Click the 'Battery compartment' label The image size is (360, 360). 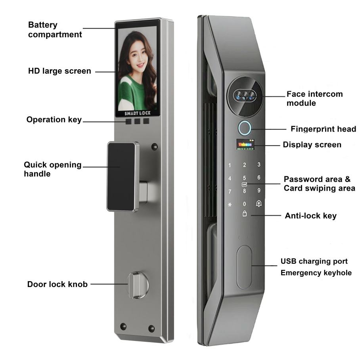point(55,30)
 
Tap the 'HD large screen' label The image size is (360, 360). point(59,71)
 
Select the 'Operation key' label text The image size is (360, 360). point(54,120)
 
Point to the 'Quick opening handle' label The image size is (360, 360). point(52,169)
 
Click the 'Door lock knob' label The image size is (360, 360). point(57,284)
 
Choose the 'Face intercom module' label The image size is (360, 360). point(314,99)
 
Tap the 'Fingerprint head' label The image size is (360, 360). point(323,129)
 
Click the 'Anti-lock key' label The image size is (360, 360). point(310,216)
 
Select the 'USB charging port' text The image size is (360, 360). point(314,261)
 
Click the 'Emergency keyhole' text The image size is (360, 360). point(316,273)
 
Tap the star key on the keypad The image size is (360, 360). point(230,205)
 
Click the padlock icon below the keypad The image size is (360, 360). point(244,214)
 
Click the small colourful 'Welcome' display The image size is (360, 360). point(244,144)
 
